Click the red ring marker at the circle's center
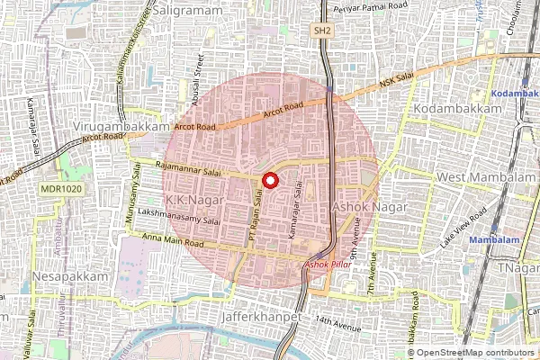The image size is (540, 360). click(269, 180)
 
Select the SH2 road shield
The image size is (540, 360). click(322, 31)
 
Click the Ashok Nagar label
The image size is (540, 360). click(370, 207)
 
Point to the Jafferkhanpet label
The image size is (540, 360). click(263, 319)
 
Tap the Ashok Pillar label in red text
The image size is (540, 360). click(328, 265)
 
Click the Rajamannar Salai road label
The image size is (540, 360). click(188, 166)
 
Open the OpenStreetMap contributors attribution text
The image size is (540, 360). click(476, 352)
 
